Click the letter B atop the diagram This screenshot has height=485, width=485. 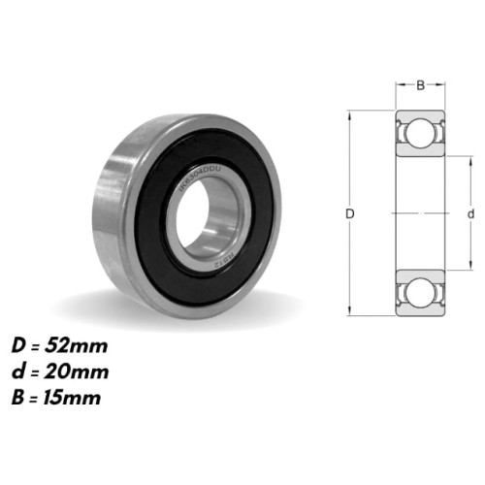click(420, 85)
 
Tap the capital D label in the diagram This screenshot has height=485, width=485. click(350, 212)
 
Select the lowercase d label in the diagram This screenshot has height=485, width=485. click(469, 212)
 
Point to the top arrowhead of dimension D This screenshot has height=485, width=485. click(350, 113)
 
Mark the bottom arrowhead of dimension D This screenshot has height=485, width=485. click(350, 312)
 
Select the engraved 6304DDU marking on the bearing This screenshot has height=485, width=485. click(199, 181)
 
